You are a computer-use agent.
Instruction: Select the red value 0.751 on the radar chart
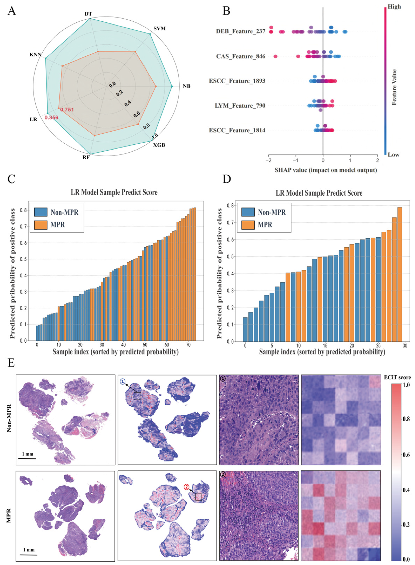tap(67, 110)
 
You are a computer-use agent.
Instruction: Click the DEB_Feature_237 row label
tap(240, 31)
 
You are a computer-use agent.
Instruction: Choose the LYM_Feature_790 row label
tap(240, 105)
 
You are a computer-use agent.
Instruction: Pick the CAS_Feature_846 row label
tap(241, 56)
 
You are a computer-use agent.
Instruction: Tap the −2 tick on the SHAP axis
tap(268, 160)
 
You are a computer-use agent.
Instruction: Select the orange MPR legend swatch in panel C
tap(41, 225)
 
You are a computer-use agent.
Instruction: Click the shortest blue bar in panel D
tap(245, 329)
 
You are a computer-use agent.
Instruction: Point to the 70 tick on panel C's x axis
tap(188, 345)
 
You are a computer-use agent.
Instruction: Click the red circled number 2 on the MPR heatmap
tap(186, 487)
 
